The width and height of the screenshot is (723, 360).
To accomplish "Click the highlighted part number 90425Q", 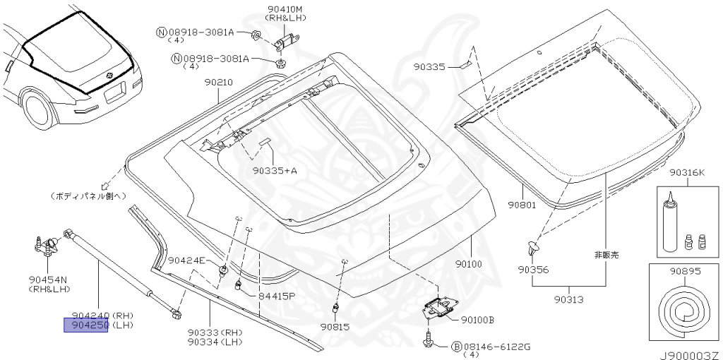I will coord(86,325).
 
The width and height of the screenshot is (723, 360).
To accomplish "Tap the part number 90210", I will coord(219,82).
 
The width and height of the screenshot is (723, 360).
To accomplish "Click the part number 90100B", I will coord(477,319).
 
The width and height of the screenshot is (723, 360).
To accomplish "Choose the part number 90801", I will coord(522,206).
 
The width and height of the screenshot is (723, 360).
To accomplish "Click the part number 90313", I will coord(568,299).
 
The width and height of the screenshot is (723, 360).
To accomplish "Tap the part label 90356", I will coord(532,269).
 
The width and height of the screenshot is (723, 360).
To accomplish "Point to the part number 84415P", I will coord(276,295).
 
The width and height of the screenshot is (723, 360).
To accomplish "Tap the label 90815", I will coord(335,326).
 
